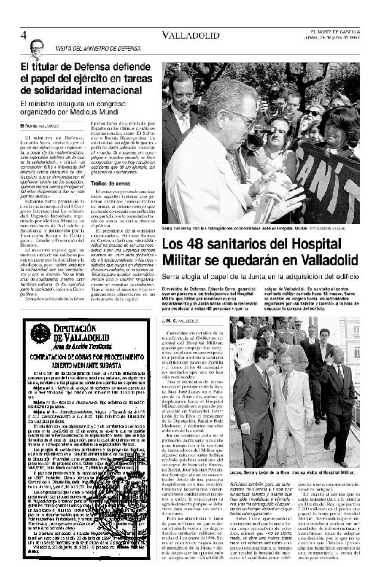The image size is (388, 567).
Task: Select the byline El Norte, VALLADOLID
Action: pyautogui.click(x=39, y=126)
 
